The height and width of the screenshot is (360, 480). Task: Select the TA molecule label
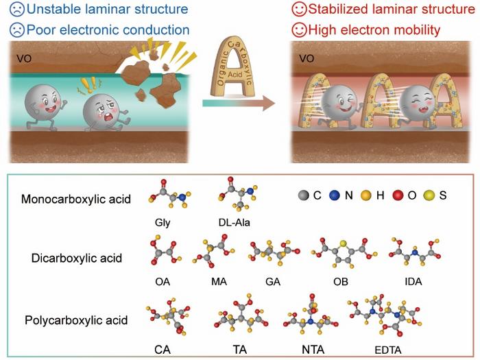pos(239,349)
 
